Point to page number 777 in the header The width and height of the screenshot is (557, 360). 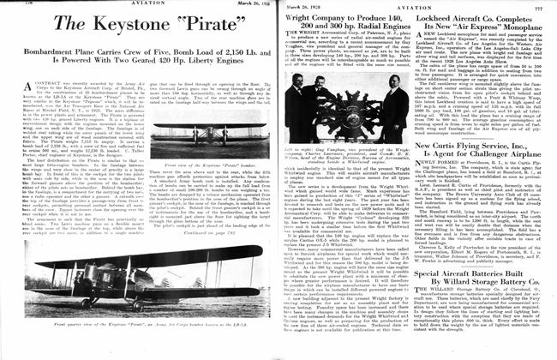click(542, 8)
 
